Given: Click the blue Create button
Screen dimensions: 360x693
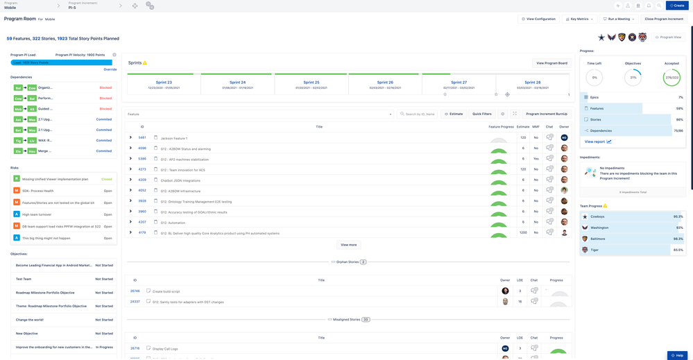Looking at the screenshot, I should pos(677,6).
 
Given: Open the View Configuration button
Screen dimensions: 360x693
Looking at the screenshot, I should pos(538,19).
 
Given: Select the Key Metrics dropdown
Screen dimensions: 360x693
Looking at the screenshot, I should pos(579,19).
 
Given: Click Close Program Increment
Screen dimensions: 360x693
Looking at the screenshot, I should pos(664,19).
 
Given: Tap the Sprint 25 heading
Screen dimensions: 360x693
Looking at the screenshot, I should pos(311,83).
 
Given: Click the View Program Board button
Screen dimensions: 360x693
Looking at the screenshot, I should pos(551,63).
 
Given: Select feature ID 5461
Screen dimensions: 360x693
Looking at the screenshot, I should pos(142,138).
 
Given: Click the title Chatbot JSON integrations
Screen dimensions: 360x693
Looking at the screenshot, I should pos(180,180).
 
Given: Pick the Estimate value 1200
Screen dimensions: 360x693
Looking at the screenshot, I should pos(522,233).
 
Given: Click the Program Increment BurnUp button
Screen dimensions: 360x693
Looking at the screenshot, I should pos(546,114).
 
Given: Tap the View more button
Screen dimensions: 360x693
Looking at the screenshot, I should pos(349,245).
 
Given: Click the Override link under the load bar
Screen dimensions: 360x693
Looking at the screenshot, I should pos(110,69).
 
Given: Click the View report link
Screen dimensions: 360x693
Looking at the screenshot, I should pos(596,142).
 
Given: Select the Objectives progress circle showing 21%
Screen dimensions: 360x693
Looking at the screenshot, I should pos(633,77).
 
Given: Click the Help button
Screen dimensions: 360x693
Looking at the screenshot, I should pos(678,355).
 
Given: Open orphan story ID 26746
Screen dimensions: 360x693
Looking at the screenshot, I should pos(135,291).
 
